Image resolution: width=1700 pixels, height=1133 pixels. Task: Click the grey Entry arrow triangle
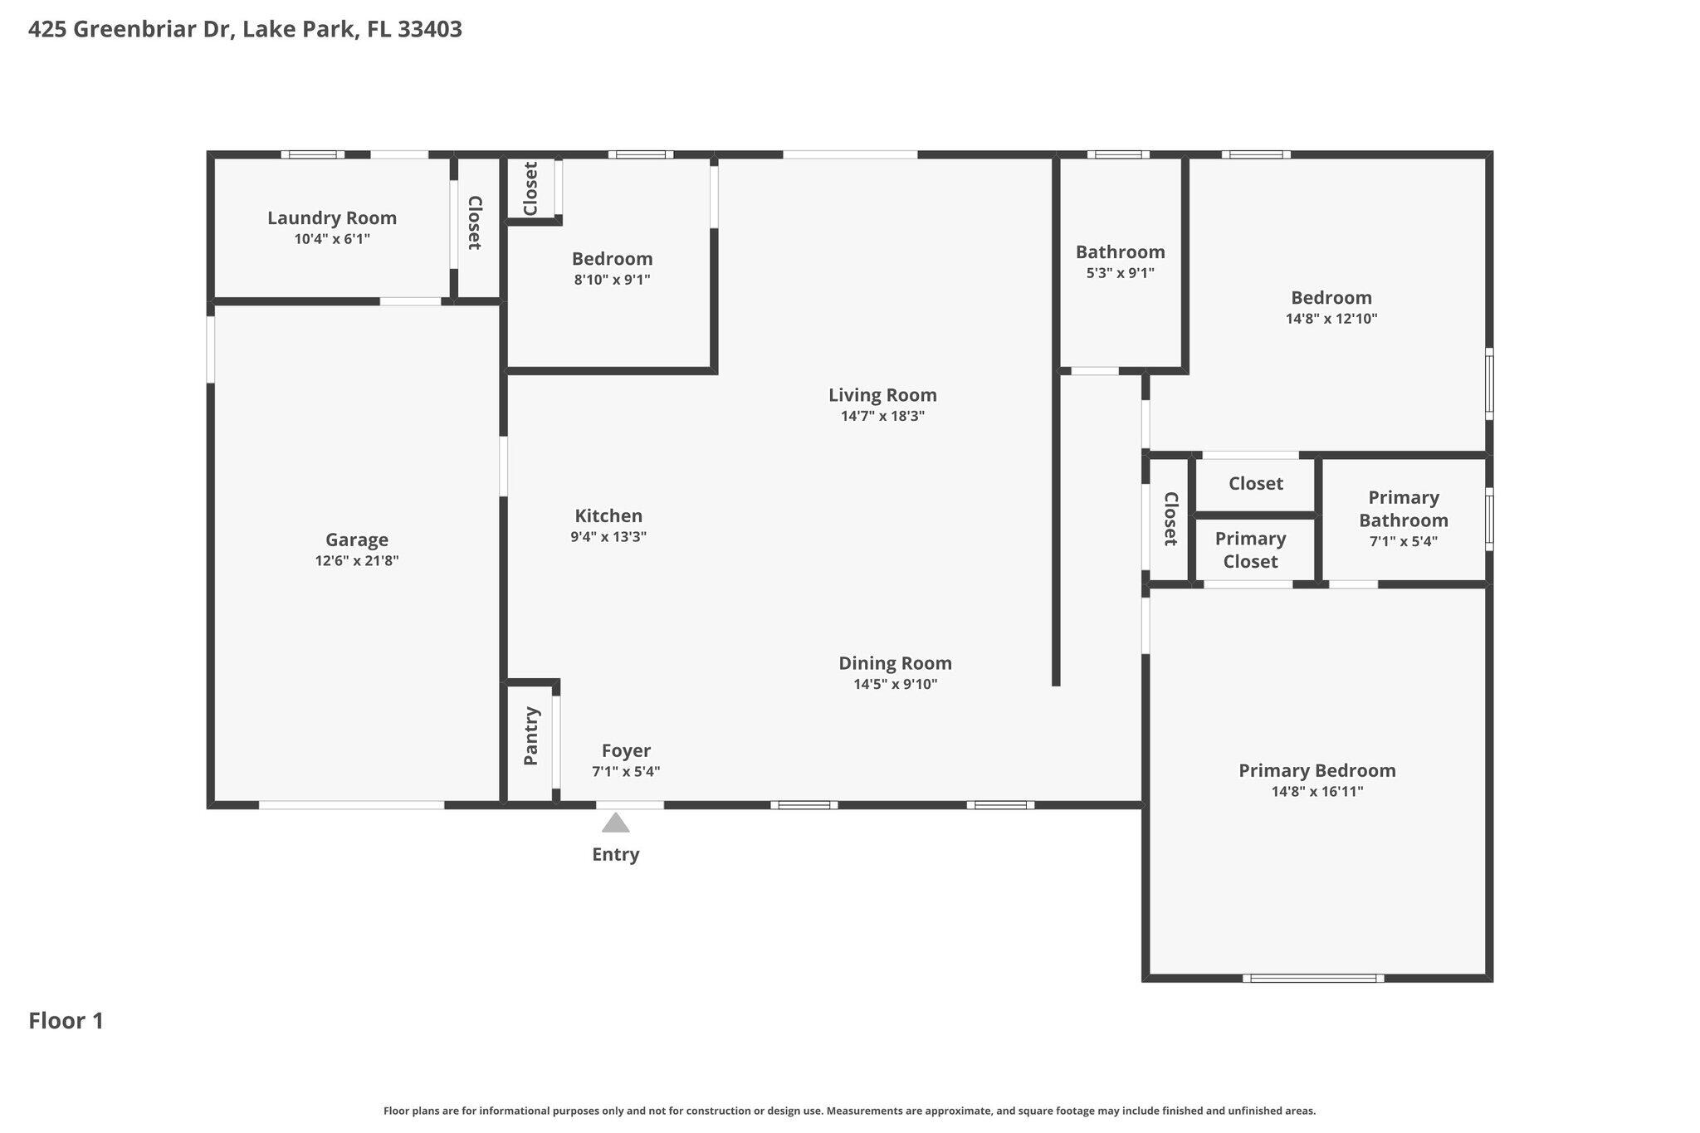click(615, 823)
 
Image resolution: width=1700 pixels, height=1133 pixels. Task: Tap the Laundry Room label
click(332, 218)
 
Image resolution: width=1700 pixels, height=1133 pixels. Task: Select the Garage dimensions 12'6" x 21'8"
click(357, 561)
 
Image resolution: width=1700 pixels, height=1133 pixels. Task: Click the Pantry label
click(531, 736)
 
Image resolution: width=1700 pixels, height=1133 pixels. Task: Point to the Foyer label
click(626, 751)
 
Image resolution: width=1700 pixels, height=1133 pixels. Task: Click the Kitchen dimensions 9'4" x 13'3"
click(608, 537)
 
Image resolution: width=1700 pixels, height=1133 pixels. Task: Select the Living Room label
click(882, 396)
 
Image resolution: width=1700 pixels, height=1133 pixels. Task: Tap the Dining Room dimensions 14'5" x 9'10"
click(896, 685)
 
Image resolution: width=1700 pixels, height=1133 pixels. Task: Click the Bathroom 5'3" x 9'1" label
click(1120, 252)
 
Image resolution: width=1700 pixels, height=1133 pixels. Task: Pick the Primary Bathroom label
click(1404, 509)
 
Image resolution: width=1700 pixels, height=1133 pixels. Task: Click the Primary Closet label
click(1250, 550)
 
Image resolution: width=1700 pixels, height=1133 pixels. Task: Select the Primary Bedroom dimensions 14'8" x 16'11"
click(1317, 792)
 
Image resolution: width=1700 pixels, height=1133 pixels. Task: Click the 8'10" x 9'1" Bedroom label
click(613, 259)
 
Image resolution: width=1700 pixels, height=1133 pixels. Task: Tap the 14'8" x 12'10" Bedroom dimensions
click(1331, 319)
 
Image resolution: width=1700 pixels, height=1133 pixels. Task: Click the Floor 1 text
click(66, 1021)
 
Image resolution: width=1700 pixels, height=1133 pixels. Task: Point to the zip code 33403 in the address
click(430, 30)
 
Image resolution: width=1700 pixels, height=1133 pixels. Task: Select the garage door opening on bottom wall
click(352, 805)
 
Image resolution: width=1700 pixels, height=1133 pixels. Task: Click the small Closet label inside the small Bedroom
click(530, 188)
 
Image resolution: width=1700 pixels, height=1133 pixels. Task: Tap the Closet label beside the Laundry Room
click(475, 222)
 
